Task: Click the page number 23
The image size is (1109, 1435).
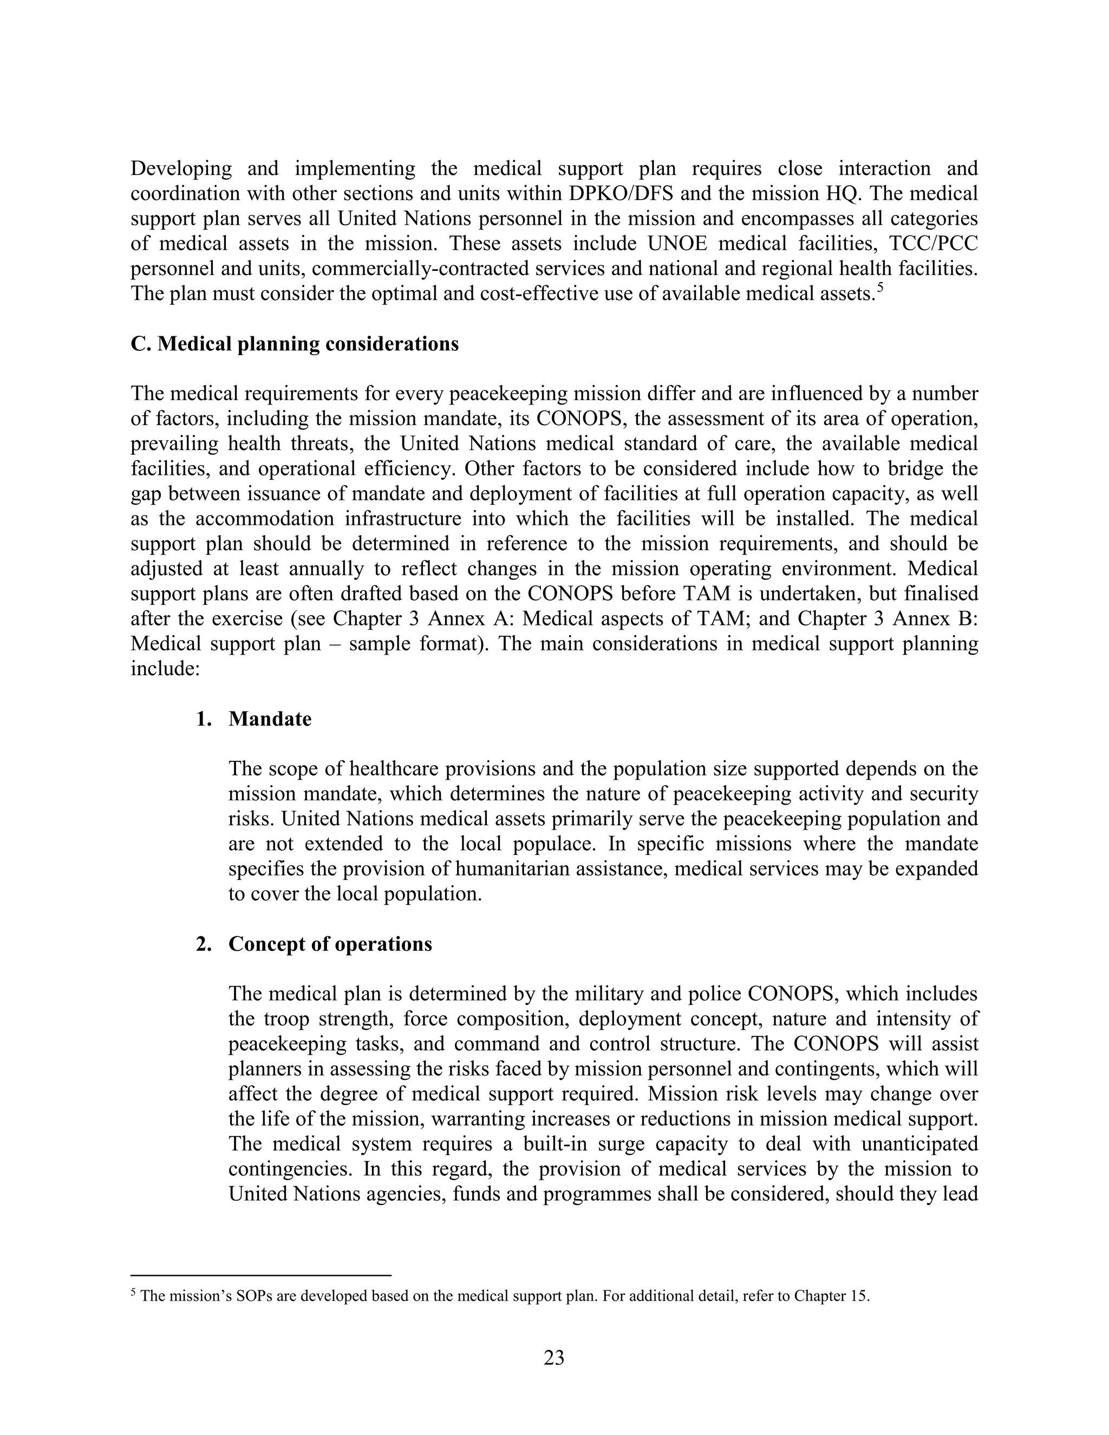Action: click(x=554, y=1357)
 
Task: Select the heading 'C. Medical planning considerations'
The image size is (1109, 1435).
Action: click(x=295, y=344)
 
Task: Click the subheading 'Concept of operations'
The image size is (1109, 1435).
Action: click(x=330, y=944)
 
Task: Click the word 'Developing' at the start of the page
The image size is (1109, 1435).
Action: click(x=181, y=169)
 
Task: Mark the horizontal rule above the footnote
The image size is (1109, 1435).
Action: click(x=261, y=1275)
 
